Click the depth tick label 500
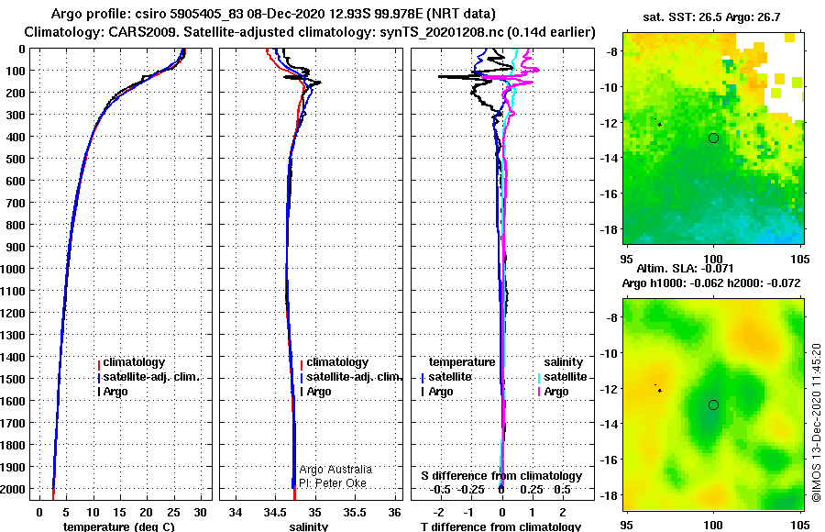coord(15,159)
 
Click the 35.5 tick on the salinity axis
coord(355,513)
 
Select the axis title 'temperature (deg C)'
coord(119,526)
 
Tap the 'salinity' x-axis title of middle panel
coord(309,526)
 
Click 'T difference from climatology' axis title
coord(500,526)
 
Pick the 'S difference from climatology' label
coord(501,476)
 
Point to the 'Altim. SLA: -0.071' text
coord(685,268)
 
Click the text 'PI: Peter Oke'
coord(333,483)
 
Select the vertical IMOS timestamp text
coord(816,423)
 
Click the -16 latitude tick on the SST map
coord(609,194)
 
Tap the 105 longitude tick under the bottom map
coord(799,525)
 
